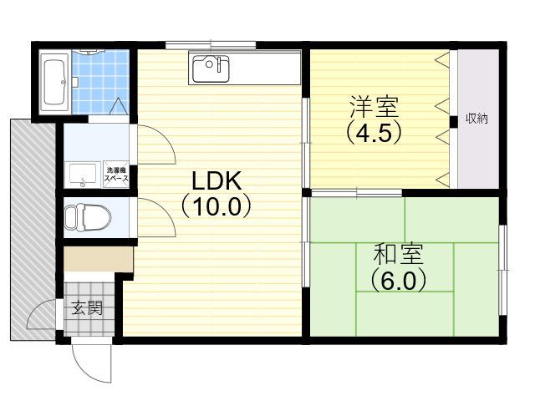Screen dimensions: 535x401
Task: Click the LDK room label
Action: [217, 180]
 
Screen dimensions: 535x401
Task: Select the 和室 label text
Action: [398, 254]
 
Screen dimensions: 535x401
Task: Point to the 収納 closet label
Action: [477, 118]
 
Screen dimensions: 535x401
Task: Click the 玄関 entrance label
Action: [87, 308]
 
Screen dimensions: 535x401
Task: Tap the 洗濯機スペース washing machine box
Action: [116, 175]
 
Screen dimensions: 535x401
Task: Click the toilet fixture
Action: [88, 217]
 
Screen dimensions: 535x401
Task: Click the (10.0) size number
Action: [217, 206]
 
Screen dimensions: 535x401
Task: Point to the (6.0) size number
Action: [398, 280]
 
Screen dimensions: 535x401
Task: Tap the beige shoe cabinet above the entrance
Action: [99, 259]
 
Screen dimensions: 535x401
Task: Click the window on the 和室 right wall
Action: [502, 269]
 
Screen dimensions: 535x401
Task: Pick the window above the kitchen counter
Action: [211, 44]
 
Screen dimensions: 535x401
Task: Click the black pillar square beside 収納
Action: [453, 121]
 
